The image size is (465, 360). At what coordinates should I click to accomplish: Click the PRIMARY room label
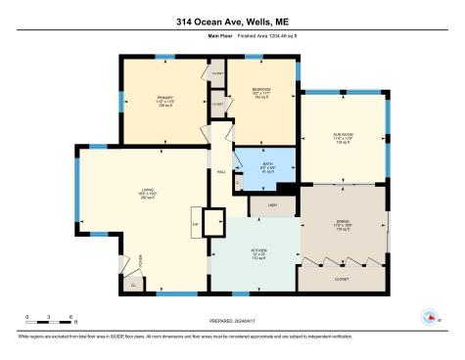pyautogui.click(x=163, y=99)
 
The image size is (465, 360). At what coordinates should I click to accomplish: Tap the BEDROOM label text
pyautogui.click(x=260, y=90)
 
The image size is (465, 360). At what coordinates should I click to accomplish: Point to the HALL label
pyautogui.click(x=222, y=172)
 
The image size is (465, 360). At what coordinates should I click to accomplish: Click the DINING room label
pyautogui.click(x=343, y=222)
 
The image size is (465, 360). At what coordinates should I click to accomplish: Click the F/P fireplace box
pyautogui.click(x=196, y=222)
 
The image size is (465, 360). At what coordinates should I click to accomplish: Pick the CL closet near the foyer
pyautogui.click(x=133, y=285)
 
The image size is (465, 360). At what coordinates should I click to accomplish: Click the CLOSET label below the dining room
pyautogui.click(x=342, y=278)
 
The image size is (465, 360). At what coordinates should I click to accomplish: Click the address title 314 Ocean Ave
pyautogui.click(x=232, y=21)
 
